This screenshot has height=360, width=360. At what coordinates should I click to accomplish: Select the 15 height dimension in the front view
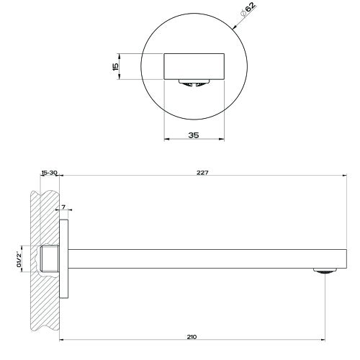pyautogui.click(x=115, y=66)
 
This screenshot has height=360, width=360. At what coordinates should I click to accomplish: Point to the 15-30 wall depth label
pyautogui.click(x=49, y=173)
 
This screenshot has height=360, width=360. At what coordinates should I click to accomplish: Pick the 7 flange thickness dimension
pyautogui.click(x=63, y=207)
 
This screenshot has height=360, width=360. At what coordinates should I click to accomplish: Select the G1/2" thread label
pyautogui.click(x=20, y=256)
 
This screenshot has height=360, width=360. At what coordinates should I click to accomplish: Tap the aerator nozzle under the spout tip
pyautogui.click(x=325, y=271)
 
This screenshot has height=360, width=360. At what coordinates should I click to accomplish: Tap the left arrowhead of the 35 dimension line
pyautogui.click(x=168, y=140)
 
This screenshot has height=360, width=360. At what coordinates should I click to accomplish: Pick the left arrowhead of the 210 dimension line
pyautogui.click(x=61, y=341)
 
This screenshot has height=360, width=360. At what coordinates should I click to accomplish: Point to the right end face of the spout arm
pyautogui.click(x=348, y=257)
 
